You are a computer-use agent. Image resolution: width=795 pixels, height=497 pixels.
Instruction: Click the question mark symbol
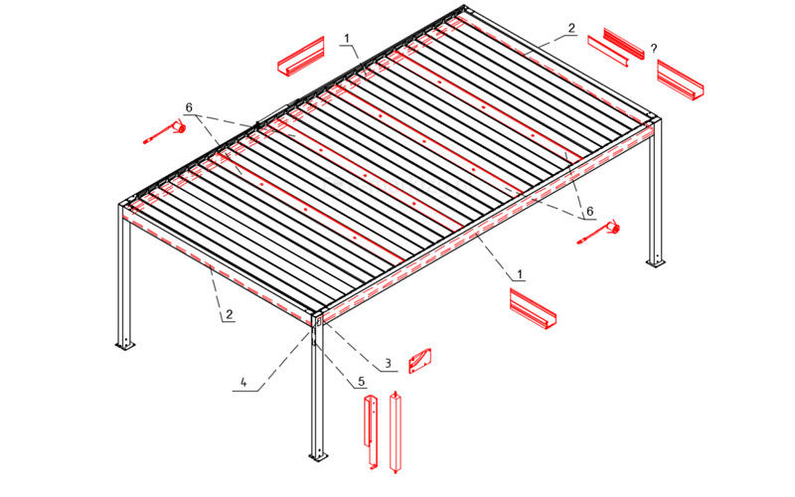654,49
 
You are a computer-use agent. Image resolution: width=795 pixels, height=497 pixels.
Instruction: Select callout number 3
388,363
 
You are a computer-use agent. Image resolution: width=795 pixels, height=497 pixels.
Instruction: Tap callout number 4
243,383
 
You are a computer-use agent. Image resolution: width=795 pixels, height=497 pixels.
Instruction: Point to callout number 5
362,382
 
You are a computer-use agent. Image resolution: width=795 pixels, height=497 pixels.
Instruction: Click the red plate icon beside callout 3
420,361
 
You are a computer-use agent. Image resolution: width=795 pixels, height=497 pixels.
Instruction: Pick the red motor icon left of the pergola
165,131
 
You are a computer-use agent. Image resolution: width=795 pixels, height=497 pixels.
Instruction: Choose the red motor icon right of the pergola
598,233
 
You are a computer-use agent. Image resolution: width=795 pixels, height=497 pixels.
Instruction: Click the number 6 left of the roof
189,108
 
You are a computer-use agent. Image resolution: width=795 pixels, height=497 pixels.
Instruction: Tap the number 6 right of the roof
589,211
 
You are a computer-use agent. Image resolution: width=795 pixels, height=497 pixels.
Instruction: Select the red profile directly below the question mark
681,80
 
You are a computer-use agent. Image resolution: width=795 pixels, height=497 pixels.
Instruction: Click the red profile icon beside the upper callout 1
301,57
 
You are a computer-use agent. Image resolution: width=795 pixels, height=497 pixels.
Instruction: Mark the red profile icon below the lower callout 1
533,309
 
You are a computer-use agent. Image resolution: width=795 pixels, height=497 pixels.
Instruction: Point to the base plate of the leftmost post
125,345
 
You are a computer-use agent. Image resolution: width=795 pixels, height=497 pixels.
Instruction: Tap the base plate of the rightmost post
655,262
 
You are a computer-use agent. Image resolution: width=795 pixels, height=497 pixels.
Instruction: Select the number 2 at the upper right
572,29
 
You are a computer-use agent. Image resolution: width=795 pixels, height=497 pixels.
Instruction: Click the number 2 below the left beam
229,314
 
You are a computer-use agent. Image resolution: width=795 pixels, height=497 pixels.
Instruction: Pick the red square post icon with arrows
395,432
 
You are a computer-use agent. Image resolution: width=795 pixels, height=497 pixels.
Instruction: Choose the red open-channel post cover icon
371,432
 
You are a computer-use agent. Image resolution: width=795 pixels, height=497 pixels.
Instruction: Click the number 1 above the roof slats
347,39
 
